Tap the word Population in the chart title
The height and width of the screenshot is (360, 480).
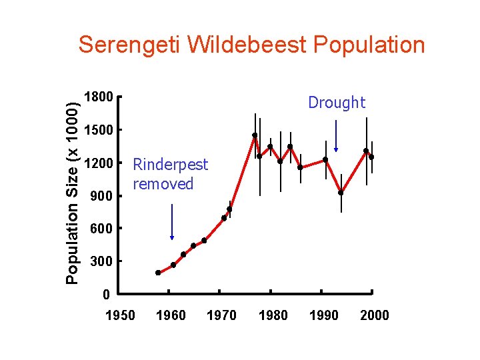pos(368,45)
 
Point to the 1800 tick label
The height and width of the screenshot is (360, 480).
pos(99,97)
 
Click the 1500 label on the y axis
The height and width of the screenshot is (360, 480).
pos(99,130)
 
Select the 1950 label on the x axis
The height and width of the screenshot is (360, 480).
pos(120,315)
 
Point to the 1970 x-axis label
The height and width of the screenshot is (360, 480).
pos(221,315)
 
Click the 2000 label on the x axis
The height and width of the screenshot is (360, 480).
pos(374,315)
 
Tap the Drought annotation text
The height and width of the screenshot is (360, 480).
pos(337,103)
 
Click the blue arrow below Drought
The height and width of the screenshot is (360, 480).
pos(336,136)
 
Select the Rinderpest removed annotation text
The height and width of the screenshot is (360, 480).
pos(170,174)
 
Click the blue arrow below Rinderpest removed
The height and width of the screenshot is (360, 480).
pos(172,221)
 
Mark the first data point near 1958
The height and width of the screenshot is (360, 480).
pos(158,273)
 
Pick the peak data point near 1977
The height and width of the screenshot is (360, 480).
pos(255,135)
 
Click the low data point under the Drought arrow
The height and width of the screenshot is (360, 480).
pos(341,193)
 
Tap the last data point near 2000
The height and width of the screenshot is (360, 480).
pos(371,157)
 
